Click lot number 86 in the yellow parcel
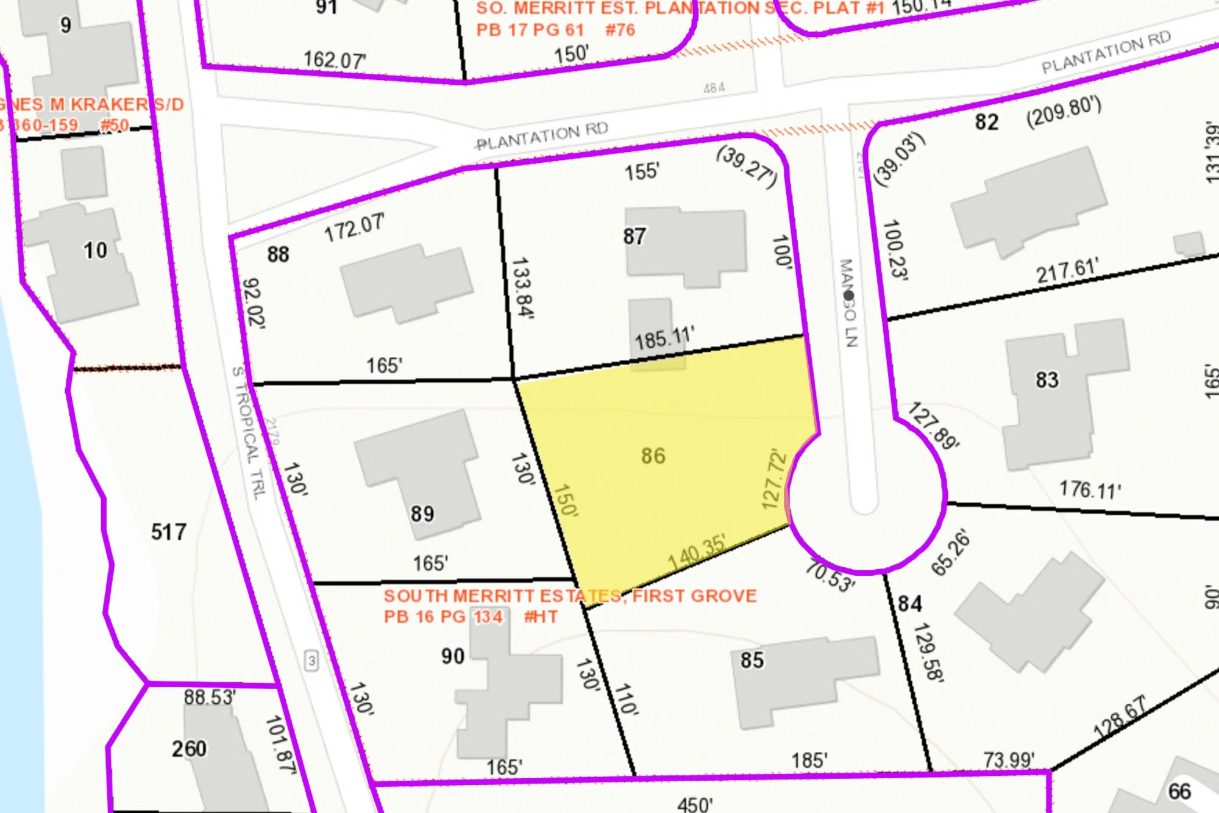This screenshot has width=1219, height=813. click(653, 456)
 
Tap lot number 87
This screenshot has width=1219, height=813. click(634, 237)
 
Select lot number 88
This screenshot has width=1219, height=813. click(278, 254)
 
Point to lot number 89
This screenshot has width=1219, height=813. click(422, 514)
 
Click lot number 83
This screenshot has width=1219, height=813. click(1047, 380)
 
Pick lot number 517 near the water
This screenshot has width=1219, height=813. click(169, 532)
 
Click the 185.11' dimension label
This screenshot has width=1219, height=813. click(664, 338)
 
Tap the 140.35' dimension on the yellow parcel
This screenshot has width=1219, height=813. click(697, 553)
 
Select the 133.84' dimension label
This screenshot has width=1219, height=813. click(522, 288)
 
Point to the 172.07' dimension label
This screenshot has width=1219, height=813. click(354, 227)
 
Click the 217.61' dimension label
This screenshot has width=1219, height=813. click(1067, 270)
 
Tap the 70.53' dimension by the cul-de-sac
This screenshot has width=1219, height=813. click(830, 576)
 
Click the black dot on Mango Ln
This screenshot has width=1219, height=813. click(848, 296)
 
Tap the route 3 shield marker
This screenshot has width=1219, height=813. click(311, 661)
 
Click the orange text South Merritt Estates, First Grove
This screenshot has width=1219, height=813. click(570, 596)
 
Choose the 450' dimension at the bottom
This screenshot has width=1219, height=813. click(695, 804)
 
